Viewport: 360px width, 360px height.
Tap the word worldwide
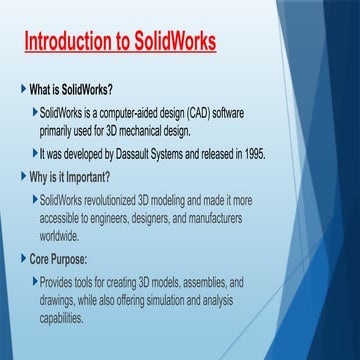62,236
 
